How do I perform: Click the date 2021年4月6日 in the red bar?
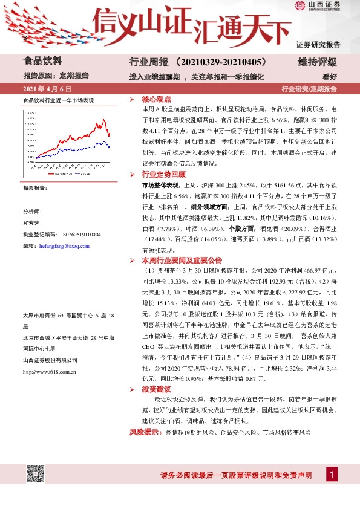[x=42, y=89]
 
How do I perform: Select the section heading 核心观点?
[x=156, y=99]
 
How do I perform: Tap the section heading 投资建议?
[x=156, y=389]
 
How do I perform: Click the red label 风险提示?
[x=143, y=433]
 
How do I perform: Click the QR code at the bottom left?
[x=36, y=474]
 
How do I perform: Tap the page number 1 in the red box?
[x=332, y=475]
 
